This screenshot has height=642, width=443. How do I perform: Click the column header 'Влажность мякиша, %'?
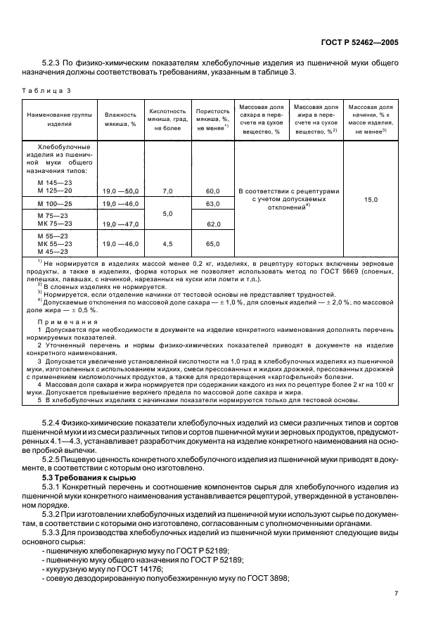tap(120, 119)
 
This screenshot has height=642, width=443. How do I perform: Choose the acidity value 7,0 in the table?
tap(167, 191)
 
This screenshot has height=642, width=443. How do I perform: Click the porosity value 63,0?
tap(214, 203)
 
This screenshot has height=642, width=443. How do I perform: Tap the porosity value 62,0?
tap(214, 224)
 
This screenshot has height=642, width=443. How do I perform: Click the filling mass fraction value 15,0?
tap(371, 200)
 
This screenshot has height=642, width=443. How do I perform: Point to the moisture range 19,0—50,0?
tap(121, 191)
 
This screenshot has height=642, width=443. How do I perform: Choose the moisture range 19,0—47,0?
tap(121, 224)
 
